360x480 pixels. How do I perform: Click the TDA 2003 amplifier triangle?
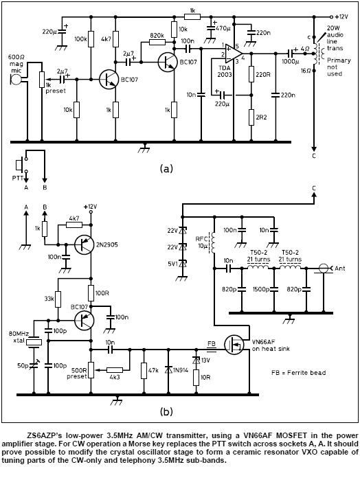(x=234, y=53)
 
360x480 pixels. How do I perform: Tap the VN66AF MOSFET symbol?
(x=234, y=345)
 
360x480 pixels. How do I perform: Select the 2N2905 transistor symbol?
(x=84, y=244)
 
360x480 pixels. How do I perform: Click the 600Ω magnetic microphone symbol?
(x=16, y=80)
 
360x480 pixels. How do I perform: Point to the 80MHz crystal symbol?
(x=34, y=342)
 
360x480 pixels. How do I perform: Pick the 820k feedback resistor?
(x=157, y=43)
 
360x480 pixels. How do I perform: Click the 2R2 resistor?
(x=251, y=117)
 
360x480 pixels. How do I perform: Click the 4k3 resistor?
(x=115, y=370)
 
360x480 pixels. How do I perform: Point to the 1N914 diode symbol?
(x=168, y=370)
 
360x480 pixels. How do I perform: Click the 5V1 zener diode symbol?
(x=183, y=264)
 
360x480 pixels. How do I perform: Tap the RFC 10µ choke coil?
(x=214, y=242)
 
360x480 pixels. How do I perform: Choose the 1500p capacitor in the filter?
(x=274, y=289)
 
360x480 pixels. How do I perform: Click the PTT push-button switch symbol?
(x=20, y=165)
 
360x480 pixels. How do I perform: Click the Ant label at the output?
(x=340, y=268)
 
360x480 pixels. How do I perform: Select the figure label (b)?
(x=166, y=411)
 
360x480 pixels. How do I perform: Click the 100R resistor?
(x=91, y=293)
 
